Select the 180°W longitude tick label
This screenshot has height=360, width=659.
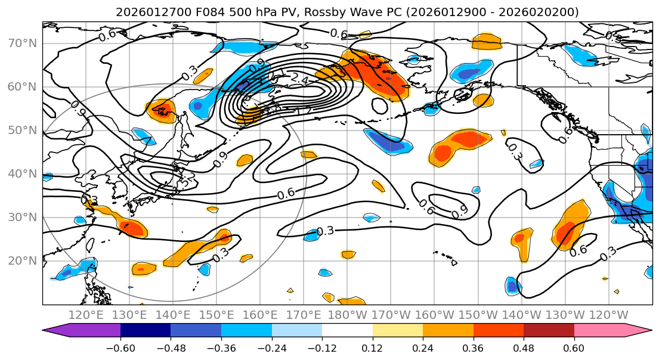click(348, 314)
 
